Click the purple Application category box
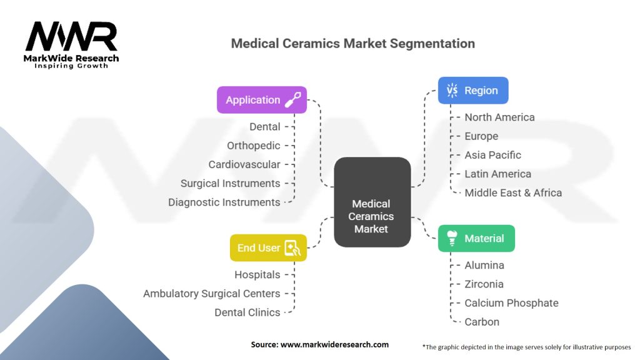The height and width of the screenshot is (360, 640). pyautogui.click(x=261, y=100)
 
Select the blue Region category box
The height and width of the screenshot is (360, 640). pyautogui.click(x=472, y=91)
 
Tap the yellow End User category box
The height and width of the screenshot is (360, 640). pyautogui.click(x=267, y=248)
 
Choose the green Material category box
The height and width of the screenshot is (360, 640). pyautogui.click(x=476, y=238)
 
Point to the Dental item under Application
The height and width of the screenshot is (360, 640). pyautogui.click(x=265, y=127)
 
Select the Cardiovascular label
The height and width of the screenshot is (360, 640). pyautogui.click(x=244, y=164)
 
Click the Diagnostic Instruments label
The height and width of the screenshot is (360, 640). pyautogui.click(x=224, y=202)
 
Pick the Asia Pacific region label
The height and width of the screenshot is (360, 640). pyautogui.click(x=492, y=155)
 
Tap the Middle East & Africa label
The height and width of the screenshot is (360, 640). pyautogui.click(x=512, y=192)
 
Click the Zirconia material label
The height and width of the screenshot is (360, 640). pyautogui.click(x=484, y=284)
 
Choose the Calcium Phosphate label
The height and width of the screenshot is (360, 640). pyautogui.click(x=511, y=303)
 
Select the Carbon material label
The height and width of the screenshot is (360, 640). pyautogui.click(x=482, y=322)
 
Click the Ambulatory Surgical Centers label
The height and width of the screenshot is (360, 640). pyautogui.click(x=211, y=293)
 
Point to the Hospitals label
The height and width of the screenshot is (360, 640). pyautogui.click(x=257, y=274)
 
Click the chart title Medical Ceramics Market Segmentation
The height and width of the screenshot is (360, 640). pyautogui.click(x=352, y=44)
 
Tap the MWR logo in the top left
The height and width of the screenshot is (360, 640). pyautogui.click(x=71, y=44)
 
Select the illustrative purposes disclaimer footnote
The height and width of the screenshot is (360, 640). pyautogui.click(x=526, y=346)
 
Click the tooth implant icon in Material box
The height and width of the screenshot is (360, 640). pyautogui.click(x=451, y=238)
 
